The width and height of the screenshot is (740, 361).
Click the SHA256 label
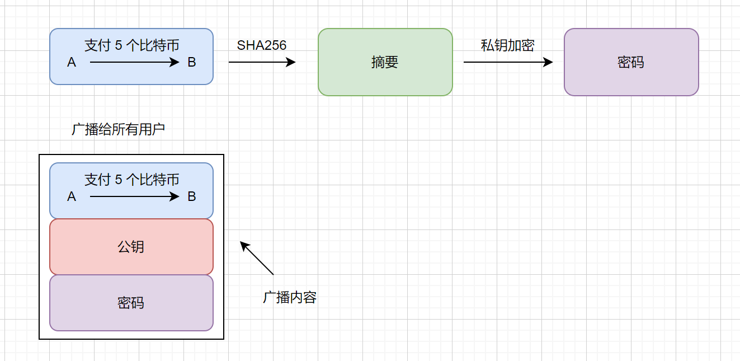click(262, 45)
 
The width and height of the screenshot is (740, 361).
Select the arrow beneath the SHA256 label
click(262, 62)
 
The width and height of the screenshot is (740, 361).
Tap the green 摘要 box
click(385, 62)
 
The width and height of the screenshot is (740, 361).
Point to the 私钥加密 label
click(507, 45)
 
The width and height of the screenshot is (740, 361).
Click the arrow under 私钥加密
click(508, 62)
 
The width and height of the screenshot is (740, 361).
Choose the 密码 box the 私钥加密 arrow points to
click(631, 62)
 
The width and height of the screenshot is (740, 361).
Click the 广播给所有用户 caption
click(119, 129)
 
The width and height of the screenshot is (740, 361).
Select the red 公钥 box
click(131, 247)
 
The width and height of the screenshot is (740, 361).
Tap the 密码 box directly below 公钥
click(131, 303)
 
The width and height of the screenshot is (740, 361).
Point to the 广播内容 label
click(290, 297)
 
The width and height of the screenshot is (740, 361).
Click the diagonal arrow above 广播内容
click(257, 258)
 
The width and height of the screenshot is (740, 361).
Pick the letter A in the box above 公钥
click(72, 197)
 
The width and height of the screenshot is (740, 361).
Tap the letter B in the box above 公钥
click(192, 197)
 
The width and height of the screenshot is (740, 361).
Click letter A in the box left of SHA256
click(72, 63)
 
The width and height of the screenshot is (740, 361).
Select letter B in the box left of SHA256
click(192, 63)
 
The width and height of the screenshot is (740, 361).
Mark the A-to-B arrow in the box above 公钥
click(134, 197)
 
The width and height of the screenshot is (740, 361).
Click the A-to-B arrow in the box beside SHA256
click(134, 63)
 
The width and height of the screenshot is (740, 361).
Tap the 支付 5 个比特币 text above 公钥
click(131, 180)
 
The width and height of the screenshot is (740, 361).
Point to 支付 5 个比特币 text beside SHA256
click(131, 45)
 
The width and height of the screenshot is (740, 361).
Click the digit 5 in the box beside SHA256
click(118, 46)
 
